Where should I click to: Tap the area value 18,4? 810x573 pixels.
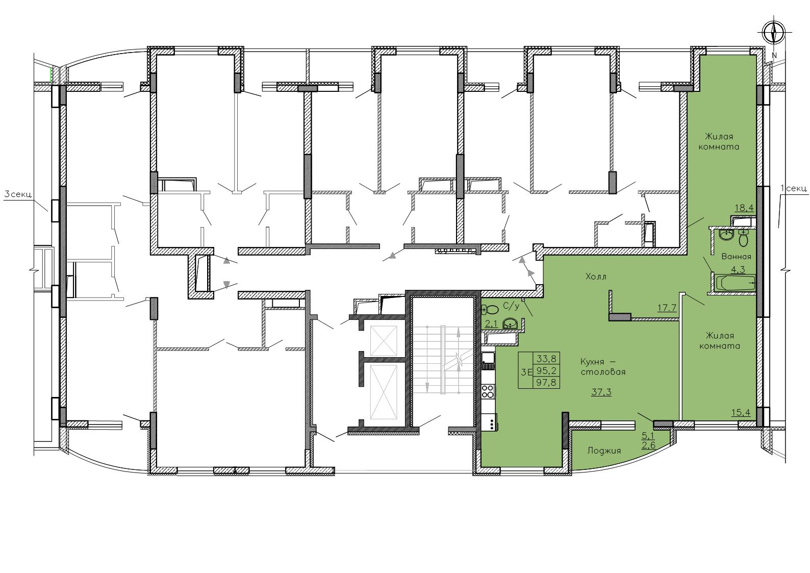(744, 208)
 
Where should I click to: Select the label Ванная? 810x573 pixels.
(736, 257)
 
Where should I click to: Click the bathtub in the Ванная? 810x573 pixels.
(735, 283)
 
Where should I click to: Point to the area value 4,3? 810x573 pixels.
(738, 270)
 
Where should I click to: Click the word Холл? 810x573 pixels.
(596, 277)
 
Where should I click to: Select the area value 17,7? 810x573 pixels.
(667, 308)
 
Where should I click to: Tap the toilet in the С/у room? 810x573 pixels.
(490, 309)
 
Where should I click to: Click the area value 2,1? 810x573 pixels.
(491, 324)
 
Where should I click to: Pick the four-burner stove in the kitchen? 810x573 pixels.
(488, 391)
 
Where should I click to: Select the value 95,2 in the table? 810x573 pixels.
(546, 370)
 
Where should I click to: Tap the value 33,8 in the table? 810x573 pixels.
(546, 359)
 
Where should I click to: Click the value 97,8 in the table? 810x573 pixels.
(546, 382)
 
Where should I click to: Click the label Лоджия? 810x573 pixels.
(604, 451)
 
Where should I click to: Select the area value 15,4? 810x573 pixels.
(741, 412)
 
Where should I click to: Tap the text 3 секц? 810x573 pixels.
(18, 194)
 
